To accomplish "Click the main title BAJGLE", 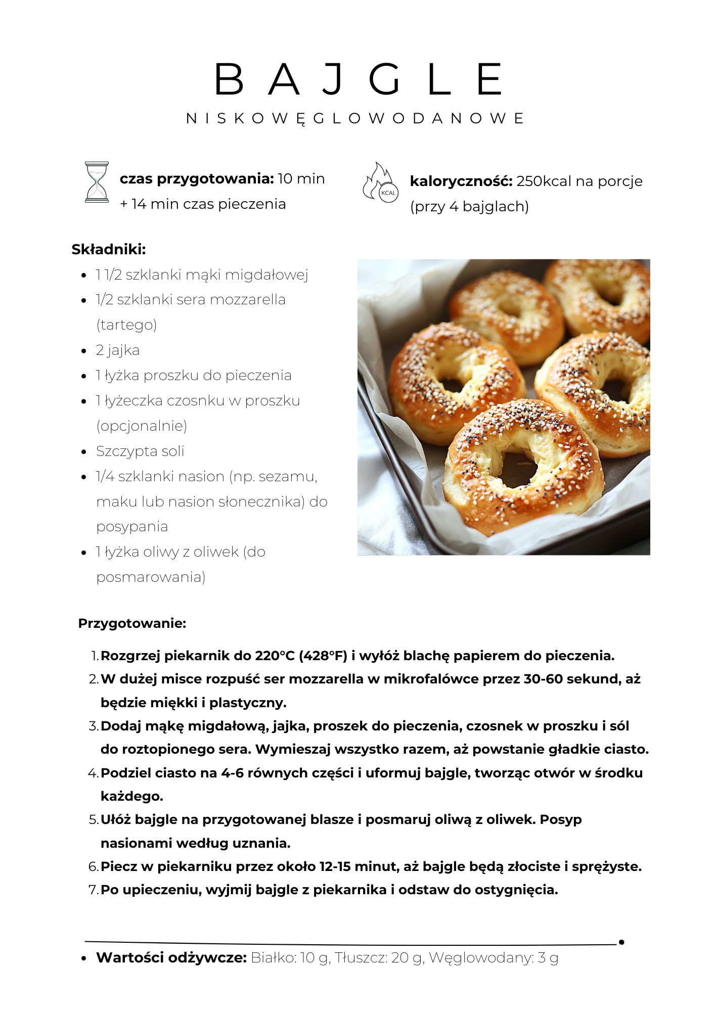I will click(x=358, y=79).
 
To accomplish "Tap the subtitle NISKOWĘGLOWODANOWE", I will click(x=356, y=119).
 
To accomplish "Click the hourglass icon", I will click(x=97, y=182).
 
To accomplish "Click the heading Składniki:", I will click(x=109, y=249).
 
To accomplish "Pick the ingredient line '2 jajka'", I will click(x=118, y=350).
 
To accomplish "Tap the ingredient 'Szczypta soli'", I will click(x=140, y=451).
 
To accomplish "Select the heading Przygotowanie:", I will click(x=132, y=623).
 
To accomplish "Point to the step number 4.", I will click(x=93, y=773).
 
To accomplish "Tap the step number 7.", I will click(x=94, y=890).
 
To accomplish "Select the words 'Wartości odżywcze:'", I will click(x=171, y=957).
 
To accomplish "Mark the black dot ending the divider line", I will click(x=621, y=942).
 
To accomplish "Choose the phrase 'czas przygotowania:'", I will click(x=197, y=178).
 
